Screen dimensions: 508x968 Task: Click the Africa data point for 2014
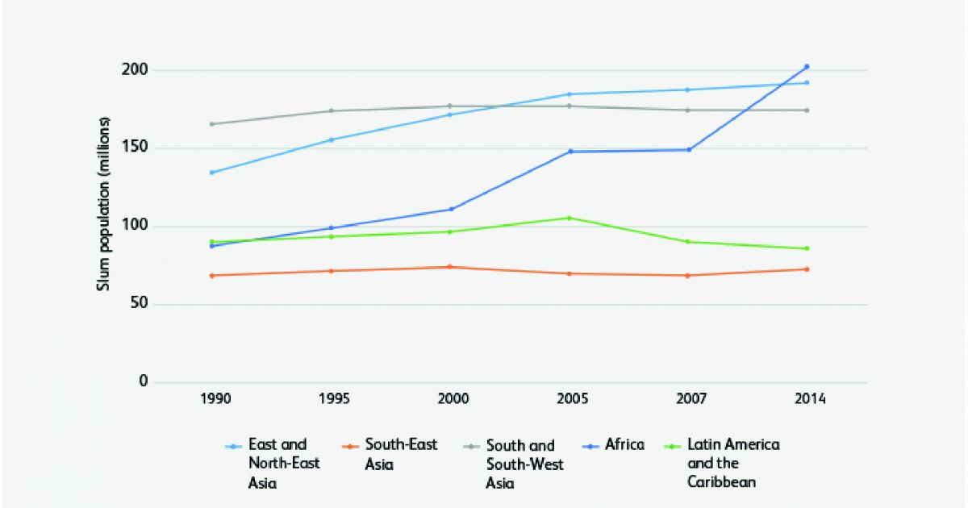click(807, 67)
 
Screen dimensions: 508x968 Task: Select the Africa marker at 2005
click(570, 151)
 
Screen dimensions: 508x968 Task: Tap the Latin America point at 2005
click(570, 218)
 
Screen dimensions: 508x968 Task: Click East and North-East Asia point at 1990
click(211, 173)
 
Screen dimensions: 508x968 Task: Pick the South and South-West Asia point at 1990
click(211, 124)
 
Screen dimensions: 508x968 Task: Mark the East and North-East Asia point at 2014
click(807, 82)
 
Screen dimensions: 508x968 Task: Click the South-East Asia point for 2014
click(807, 269)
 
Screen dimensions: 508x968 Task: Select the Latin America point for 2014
click(807, 248)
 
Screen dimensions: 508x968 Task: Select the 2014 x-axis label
click(807, 399)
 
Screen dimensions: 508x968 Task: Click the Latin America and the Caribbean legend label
click(733, 463)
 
